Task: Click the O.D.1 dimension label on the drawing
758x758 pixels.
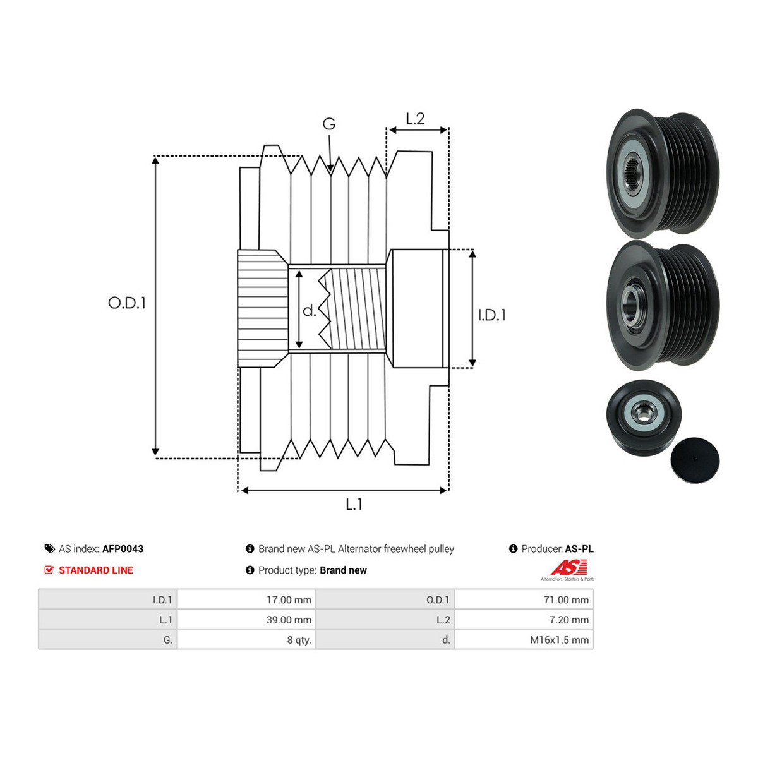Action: [127, 303]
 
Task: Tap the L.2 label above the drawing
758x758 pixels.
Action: [416, 118]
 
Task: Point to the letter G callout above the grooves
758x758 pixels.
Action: [329, 124]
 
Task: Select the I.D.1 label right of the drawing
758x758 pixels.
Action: [491, 315]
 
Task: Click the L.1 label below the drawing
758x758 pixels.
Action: [354, 504]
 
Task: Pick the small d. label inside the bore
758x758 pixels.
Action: [309, 311]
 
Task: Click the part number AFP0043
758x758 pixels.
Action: [123, 549]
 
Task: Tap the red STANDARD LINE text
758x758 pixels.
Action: [96, 570]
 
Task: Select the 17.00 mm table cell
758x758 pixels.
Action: [246, 599]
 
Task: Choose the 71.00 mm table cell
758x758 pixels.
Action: [524, 599]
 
